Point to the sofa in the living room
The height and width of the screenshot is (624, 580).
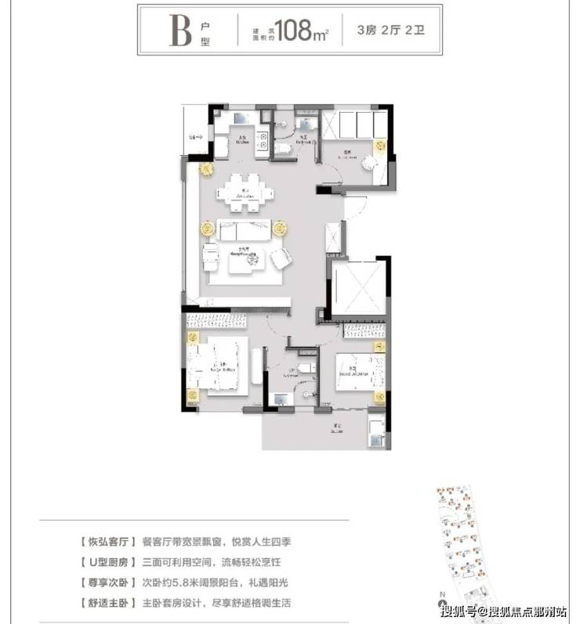[x=245, y=231]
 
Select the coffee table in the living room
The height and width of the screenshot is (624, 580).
[x=248, y=262]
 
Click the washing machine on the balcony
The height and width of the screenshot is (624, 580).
[x=377, y=427]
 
